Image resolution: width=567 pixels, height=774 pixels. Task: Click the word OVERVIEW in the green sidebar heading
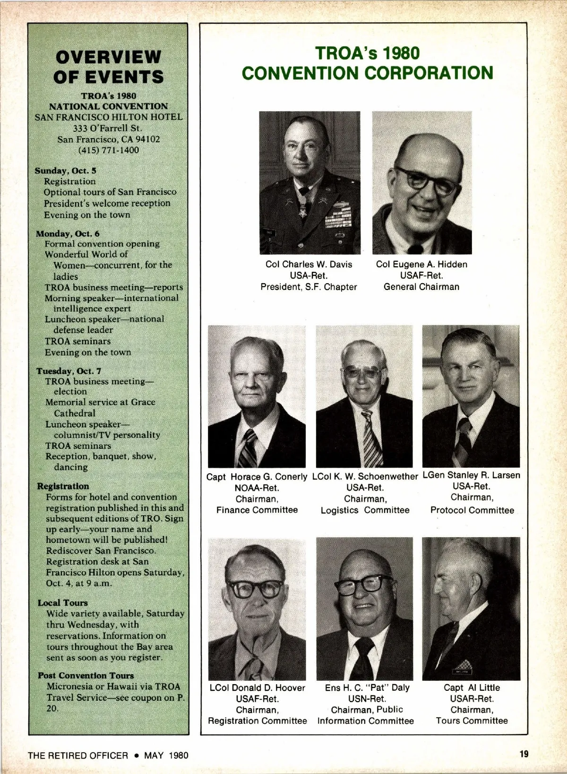[108, 57]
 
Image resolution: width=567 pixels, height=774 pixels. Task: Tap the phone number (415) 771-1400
[109, 150]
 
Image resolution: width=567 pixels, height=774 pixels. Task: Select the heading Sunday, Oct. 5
[65, 171]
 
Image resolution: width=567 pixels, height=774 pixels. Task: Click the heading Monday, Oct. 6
[68, 234]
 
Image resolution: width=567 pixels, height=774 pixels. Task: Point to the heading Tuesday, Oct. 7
[69, 371]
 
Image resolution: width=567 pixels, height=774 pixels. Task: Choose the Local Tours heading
[63, 603]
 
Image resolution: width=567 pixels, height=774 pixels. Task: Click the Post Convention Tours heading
[86, 676]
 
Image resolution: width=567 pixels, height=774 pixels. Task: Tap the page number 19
[524, 754]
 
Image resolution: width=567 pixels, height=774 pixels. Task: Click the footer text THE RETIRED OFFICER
[77, 755]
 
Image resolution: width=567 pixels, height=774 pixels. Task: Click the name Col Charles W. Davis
[309, 264]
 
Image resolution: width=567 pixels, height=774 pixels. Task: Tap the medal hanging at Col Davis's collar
[303, 211]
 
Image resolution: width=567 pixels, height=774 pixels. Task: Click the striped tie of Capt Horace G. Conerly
[247, 449]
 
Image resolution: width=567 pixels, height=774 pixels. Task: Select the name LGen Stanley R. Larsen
[471, 475]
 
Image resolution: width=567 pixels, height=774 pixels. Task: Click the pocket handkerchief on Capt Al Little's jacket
[463, 665]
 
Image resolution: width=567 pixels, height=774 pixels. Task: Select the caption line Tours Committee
[472, 721]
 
